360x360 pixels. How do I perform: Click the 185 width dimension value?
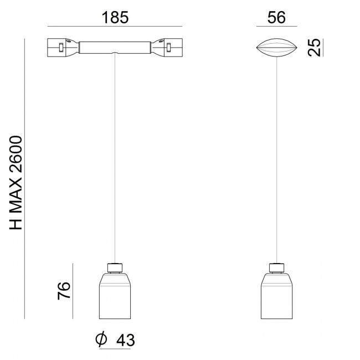tap(115, 18)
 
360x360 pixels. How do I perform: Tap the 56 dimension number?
tap(276, 18)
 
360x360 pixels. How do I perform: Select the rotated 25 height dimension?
tap(314, 48)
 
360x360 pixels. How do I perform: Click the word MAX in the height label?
tap(16, 197)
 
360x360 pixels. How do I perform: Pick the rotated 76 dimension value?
tap(64, 291)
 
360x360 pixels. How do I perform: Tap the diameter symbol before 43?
tap(101, 338)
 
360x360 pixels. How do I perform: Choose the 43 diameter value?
tap(125, 340)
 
